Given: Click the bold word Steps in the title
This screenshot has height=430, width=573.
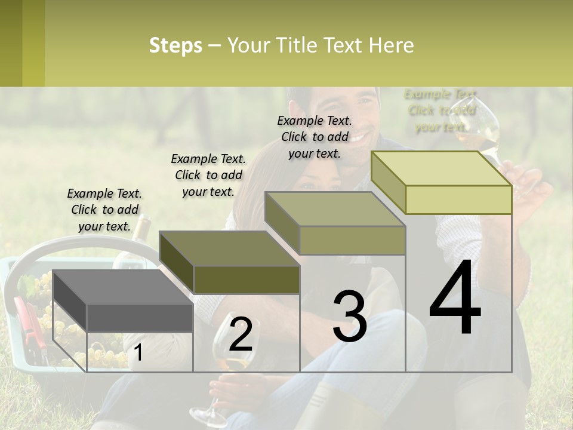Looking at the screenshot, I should point(175,45).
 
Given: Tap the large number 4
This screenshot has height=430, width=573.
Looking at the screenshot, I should point(455,299).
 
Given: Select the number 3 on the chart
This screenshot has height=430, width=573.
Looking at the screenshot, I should point(349,317).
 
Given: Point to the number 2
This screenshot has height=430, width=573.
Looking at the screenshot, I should point(241,334).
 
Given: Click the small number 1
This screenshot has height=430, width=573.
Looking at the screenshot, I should point(138,353).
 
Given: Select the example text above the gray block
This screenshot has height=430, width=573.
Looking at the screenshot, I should point(104,210).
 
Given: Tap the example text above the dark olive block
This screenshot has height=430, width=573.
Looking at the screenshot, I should point(208,175).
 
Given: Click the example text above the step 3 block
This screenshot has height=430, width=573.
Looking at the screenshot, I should point(315,137).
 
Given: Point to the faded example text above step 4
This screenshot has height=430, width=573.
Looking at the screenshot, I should point(440,110).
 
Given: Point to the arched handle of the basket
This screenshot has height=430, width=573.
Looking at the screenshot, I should point(72,245).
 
